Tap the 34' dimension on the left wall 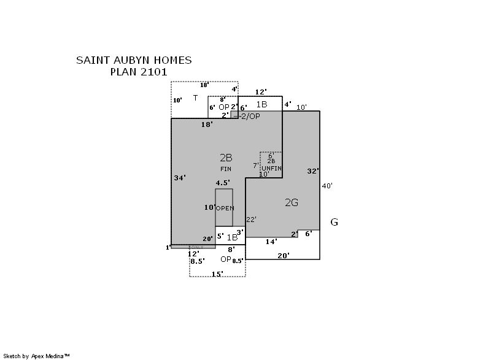click(180, 177)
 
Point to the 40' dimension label click(327, 185)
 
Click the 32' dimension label click(313, 171)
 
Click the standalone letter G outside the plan click(334, 222)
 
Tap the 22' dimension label click(251, 219)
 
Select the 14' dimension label click(271, 242)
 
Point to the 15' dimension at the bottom click(217, 274)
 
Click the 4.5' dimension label click(223, 183)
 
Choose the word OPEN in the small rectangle click(225, 209)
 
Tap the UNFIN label click(271, 167)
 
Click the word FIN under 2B click(225, 169)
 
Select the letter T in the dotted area click(195, 98)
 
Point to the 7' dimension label click(255, 166)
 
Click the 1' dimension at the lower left click(167, 248)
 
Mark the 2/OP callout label click(250, 117)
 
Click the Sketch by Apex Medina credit click(37, 355)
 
